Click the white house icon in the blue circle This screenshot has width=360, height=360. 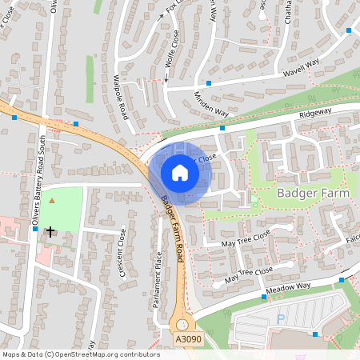coord(180,173)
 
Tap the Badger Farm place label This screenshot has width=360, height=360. coord(310,194)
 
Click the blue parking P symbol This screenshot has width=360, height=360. coord(280,318)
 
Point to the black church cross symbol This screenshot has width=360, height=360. coord(50,232)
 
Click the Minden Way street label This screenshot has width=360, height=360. coord(210,104)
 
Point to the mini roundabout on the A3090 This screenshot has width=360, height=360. coord(185,325)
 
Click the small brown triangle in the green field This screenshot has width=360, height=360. coord(53,200)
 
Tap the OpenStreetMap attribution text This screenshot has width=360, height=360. coord(81,354)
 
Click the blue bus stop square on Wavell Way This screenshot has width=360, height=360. coord(209,83)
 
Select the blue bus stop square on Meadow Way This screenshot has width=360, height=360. coord(263,296)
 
